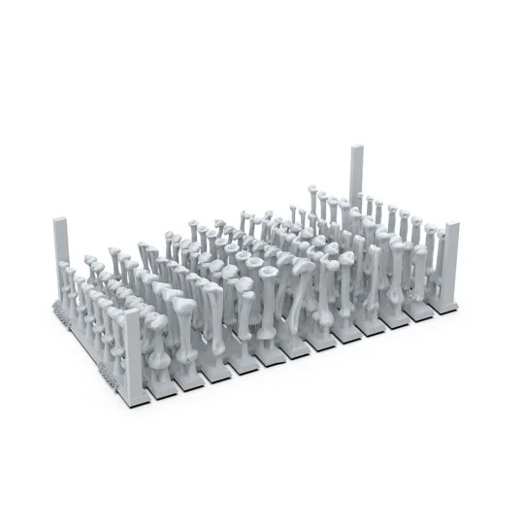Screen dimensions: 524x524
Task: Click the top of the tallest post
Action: pyautogui.click(x=356, y=148)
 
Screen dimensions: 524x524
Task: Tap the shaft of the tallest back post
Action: pyautogui.click(x=356, y=175)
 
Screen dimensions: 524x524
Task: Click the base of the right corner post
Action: pyautogui.click(x=445, y=307)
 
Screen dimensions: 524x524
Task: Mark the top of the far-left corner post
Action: pyautogui.click(x=57, y=222)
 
